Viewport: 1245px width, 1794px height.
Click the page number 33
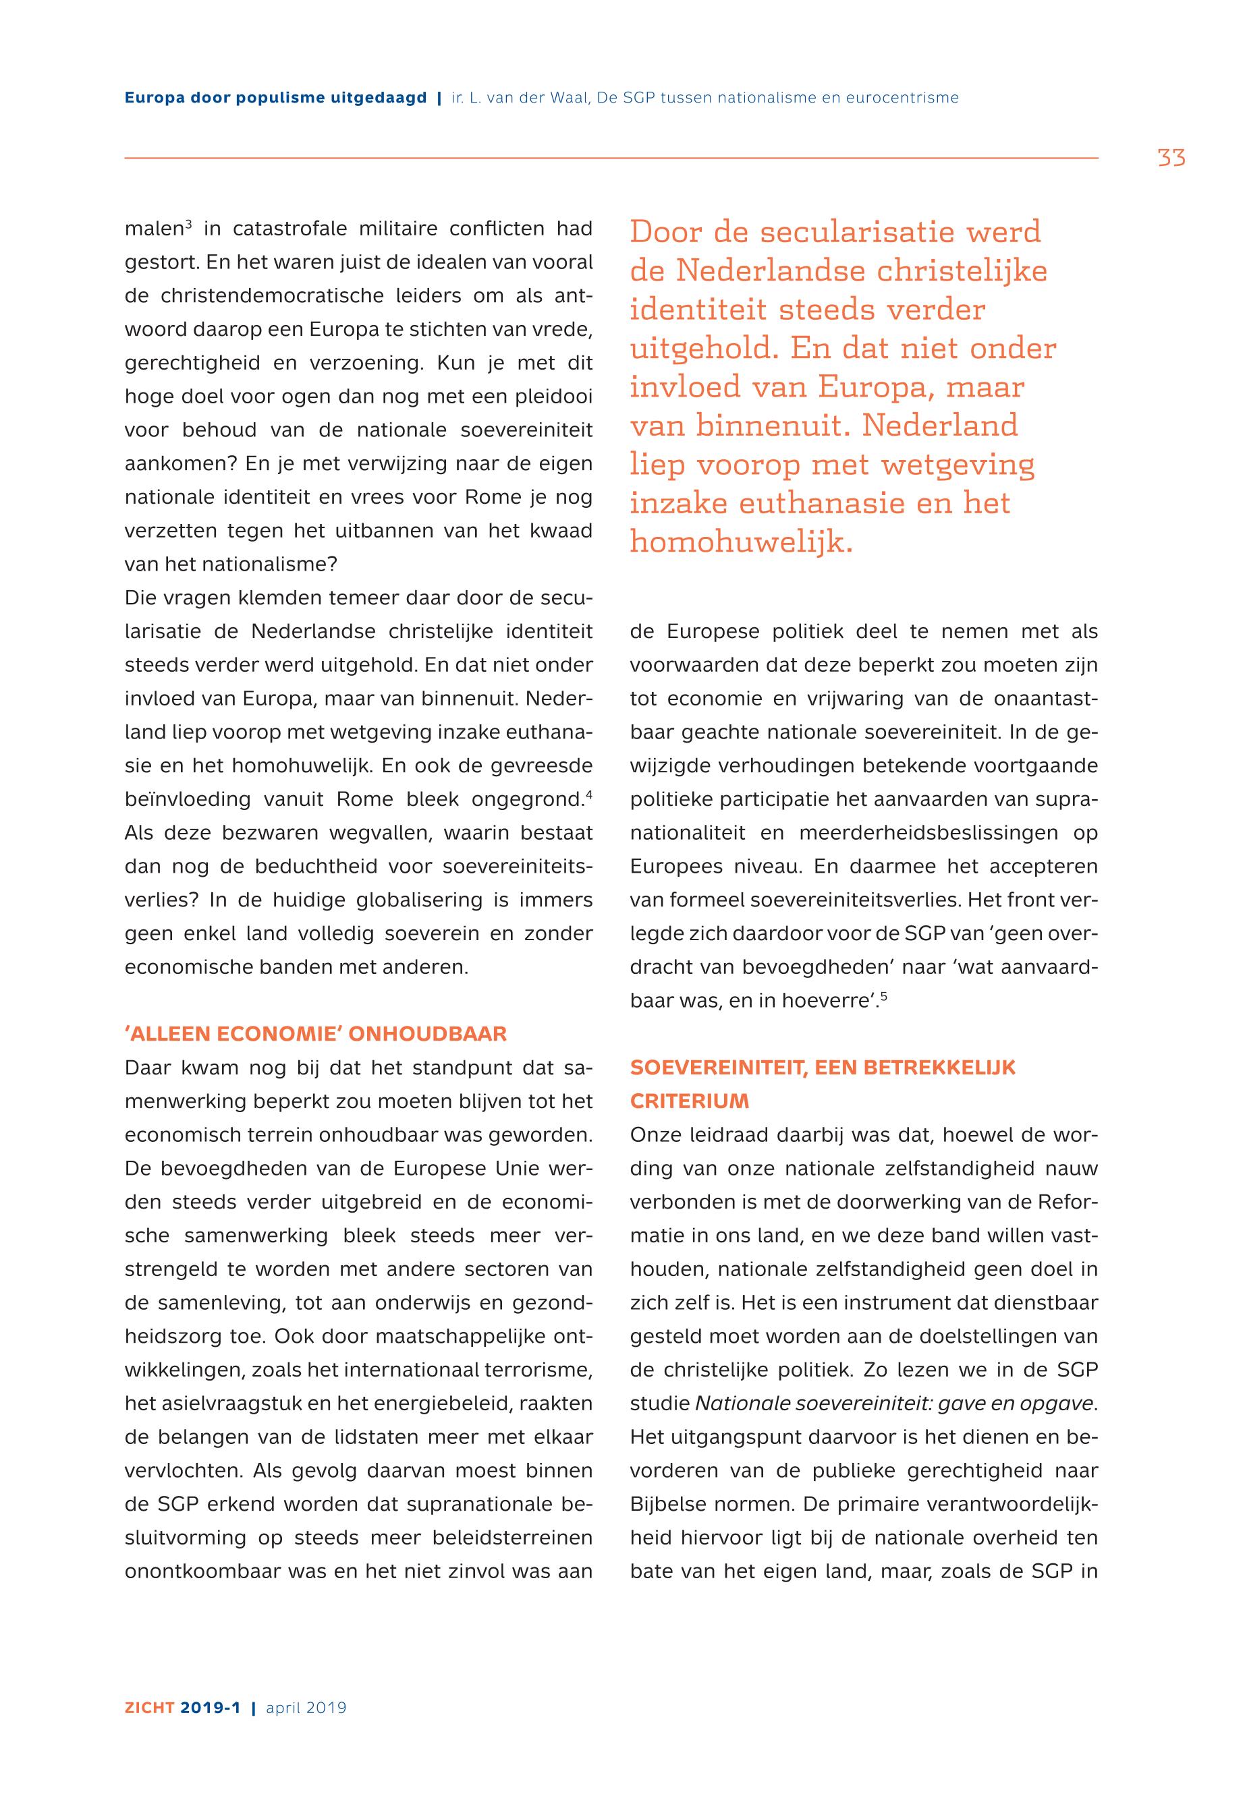pos(1171,158)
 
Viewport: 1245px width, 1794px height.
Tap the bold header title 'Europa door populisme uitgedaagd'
pos(275,98)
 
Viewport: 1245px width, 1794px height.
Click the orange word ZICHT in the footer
pos(150,1708)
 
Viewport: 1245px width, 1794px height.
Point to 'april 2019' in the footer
pos(306,1708)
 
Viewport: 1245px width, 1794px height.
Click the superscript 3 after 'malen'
pos(188,225)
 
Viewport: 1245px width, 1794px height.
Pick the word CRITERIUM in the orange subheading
pos(689,1101)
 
